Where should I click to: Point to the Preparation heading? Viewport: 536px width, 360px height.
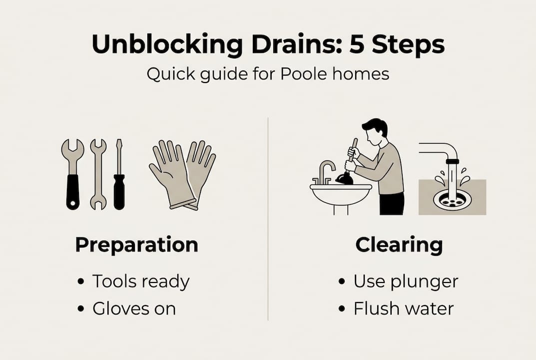point(136,245)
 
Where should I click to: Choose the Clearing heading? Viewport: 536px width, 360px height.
point(399,245)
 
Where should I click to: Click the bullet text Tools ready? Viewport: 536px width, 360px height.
point(141,282)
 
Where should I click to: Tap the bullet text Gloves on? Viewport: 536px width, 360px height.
point(134,308)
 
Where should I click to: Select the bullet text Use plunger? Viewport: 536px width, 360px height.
point(406,282)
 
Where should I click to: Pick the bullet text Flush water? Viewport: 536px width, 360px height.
point(403,308)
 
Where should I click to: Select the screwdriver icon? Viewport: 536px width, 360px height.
point(119,175)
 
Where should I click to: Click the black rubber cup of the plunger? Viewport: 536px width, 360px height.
point(345,178)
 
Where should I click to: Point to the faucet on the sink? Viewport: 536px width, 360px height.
point(325,170)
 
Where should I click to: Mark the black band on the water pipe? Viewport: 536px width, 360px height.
point(452,161)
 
